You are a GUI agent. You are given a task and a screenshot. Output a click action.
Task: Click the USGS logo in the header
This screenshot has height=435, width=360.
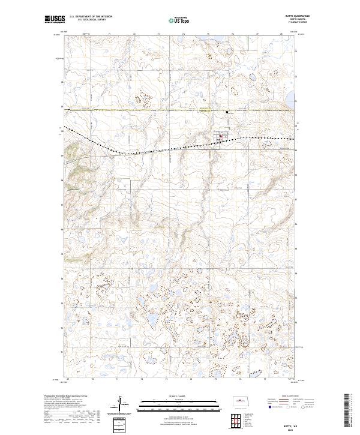click(x=55, y=20)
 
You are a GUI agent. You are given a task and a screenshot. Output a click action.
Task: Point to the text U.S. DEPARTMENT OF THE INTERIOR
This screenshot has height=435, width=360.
click(x=91, y=17)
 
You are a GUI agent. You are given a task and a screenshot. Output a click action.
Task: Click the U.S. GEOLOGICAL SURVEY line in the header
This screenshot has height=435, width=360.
click(x=91, y=20)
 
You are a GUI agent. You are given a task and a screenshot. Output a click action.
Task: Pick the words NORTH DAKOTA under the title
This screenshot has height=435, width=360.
click(x=288, y=20)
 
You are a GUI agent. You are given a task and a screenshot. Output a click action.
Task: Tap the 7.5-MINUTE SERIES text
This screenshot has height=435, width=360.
click(x=287, y=24)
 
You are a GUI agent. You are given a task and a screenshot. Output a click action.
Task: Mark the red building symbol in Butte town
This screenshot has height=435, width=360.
click(x=220, y=136)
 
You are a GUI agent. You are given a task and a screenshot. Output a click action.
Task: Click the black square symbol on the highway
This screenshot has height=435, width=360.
click(x=227, y=112)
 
